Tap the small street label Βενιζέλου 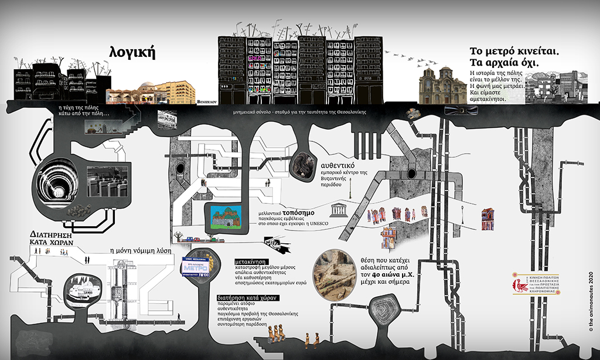[207, 101]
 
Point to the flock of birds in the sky [410, 57]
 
